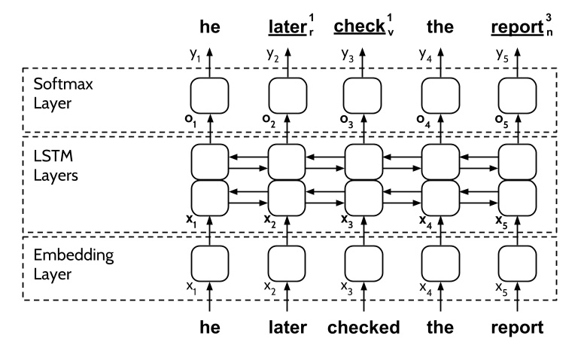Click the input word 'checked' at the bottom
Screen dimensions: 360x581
[363, 328]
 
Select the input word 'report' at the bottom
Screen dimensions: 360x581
[516, 329]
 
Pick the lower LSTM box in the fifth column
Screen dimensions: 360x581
[516, 196]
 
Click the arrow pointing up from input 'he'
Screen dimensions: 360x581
[209, 305]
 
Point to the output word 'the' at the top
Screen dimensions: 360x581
[440, 28]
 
